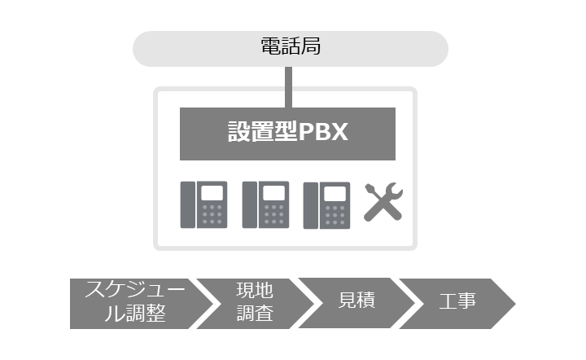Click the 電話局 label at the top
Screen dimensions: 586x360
pyautogui.click(x=291, y=46)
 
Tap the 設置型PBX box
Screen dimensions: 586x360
pyautogui.click(x=287, y=134)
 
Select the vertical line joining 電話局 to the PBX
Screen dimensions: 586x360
pyautogui.click(x=288, y=87)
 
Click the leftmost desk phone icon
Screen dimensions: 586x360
pyautogui.click(x=203, y=204)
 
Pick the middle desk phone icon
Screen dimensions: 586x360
pyautogui.click(x=265, y=204)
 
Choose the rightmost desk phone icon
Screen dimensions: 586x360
pyautogui.click(x=326, y=205)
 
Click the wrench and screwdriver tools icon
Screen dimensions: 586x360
pyautogui.click(x=383, y=202)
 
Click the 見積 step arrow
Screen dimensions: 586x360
pyautogui.click(x=357, y=303)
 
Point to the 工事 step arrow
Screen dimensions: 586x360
pyautogui.click(x=457, y=304)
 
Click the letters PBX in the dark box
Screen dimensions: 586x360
pyautogui.click(x=323, y=132)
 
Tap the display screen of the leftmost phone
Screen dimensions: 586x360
pyautogui.click(x=212, y=193)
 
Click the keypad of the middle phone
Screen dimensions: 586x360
pyautogui.click(x=273, y=214)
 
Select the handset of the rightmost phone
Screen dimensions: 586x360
pyautogui.click(x=311, y=205)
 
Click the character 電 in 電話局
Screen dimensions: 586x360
pyautogui.click(x=270, y=46)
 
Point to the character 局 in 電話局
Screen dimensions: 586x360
pyautogui.click(x=311, y=46)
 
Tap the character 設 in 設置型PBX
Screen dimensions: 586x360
pyautogui.click(x=238, y=132)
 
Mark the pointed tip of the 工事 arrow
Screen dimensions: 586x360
pyautogui.click(x=515, y=304)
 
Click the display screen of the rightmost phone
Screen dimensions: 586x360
pyautogui.click(x=335, y=194)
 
